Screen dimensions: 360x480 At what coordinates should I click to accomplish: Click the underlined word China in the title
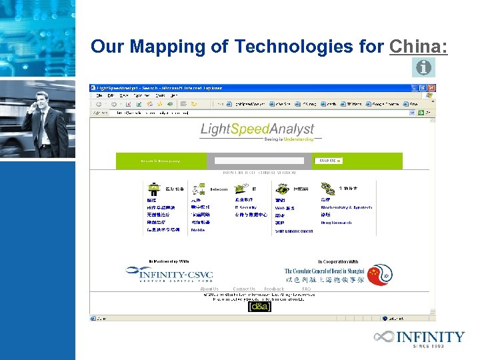click(418, 47)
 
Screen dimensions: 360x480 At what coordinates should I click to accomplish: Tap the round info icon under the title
click(423, 67)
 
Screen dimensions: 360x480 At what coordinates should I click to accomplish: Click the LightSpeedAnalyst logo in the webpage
click(257, 129)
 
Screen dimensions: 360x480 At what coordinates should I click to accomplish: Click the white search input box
click(263, 161)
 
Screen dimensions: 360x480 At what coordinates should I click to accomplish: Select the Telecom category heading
click(218, 189)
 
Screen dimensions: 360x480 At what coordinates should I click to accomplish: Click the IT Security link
click(245, 207)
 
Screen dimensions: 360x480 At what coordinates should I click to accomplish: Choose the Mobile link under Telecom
click(198, 230)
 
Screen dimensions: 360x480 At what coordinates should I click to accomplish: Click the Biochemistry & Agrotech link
click(346, 207)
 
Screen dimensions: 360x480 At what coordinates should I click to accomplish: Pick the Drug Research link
click(336, 223)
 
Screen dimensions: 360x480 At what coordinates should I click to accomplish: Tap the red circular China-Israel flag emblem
click(380, 274)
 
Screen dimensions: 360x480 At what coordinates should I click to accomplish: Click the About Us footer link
click(209, 289)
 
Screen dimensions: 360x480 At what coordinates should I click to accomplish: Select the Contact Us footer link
click(244, 289)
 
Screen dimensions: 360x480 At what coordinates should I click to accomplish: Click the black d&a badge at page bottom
click(259, 307)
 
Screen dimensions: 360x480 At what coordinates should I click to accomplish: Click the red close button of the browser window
click(431, 87)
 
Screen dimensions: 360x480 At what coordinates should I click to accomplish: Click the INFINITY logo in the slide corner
click(419, 338)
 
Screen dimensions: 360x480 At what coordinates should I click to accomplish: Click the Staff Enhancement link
click(294, 231)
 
